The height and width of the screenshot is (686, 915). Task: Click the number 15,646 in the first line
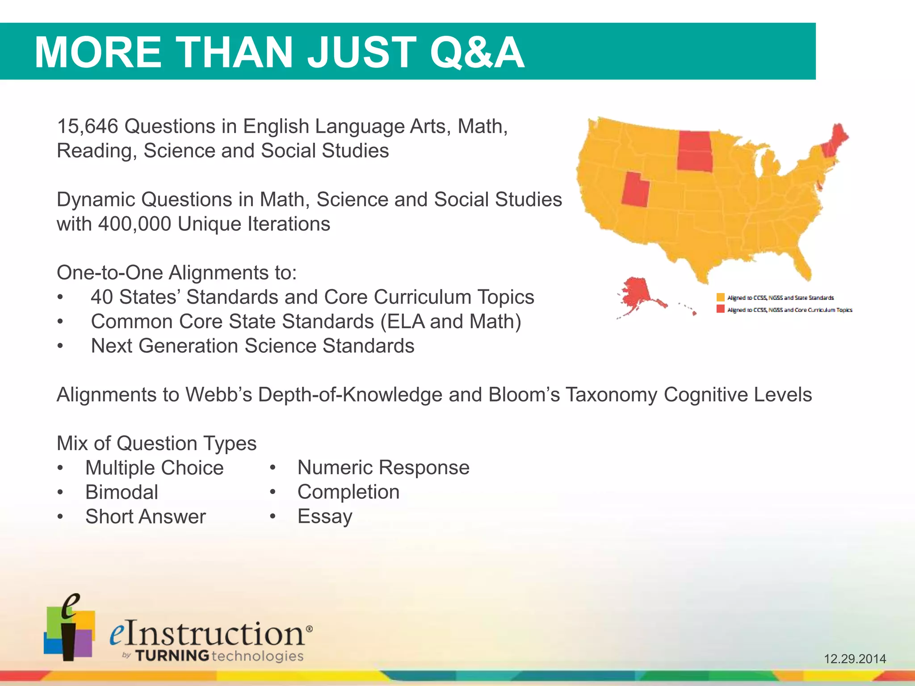coord(88,127)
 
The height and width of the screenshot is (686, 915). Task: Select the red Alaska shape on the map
coord(635,293)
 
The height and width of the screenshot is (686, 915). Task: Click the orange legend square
coord(720,297)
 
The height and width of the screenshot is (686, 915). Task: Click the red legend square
coord(720,309)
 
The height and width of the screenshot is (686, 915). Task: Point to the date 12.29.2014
coord(855,659)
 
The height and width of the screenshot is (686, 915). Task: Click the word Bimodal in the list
coord(122,493)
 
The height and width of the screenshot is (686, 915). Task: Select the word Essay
coord(325,517)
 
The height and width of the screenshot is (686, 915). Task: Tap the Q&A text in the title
coord(477,52)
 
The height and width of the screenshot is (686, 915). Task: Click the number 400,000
coord(134,224)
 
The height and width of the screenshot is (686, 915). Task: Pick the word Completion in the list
coord(348,492)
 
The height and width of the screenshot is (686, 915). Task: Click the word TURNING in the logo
coord(172,656)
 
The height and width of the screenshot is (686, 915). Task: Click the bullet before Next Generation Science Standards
coord(60,347)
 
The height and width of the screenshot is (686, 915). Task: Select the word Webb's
coord(218,395)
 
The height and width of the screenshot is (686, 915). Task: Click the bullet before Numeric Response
coord(273,468)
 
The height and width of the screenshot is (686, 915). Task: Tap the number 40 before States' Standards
coord(101,297)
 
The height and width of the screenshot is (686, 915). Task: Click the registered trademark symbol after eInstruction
coord(309,628)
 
